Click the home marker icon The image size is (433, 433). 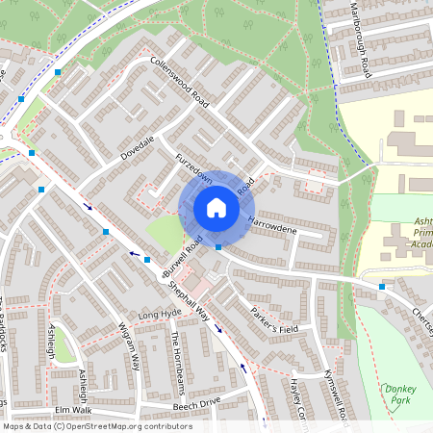[216, 208]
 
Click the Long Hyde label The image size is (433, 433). [160, 316]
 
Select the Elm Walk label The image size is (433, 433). [72, 409]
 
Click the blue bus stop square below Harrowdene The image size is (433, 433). [218, 247]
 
